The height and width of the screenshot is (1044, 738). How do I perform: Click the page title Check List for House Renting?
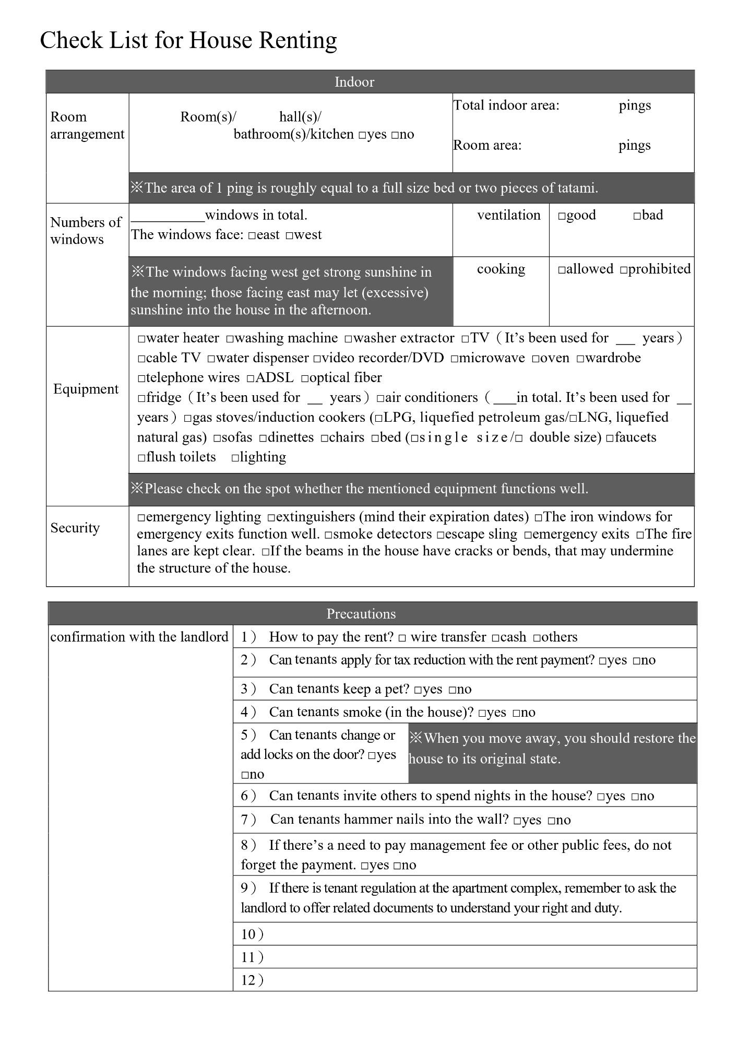click(188, 40)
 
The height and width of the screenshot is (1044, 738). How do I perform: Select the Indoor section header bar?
click(354, 82)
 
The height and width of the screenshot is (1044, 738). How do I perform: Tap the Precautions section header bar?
click(361, 613)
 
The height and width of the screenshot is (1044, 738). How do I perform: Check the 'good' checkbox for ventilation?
click(562, 216)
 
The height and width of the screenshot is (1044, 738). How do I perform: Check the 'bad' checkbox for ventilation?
click(637, 216)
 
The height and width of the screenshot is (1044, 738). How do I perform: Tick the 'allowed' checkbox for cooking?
click(562, 270)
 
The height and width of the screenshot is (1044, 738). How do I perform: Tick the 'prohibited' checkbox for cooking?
click(624, 270)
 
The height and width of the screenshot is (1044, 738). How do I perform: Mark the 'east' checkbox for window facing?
click(252, 236)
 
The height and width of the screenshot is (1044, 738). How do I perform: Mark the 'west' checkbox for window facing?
click(289, 236)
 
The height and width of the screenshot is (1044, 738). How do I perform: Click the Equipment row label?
click(86, 389)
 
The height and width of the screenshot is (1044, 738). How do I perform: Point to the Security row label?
click(75, 528)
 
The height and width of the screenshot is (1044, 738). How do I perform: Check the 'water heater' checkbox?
click(141, 339)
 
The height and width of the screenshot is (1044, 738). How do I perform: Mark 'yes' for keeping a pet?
click(418, 690)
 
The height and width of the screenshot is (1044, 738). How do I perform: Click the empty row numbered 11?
click(465, 957)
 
